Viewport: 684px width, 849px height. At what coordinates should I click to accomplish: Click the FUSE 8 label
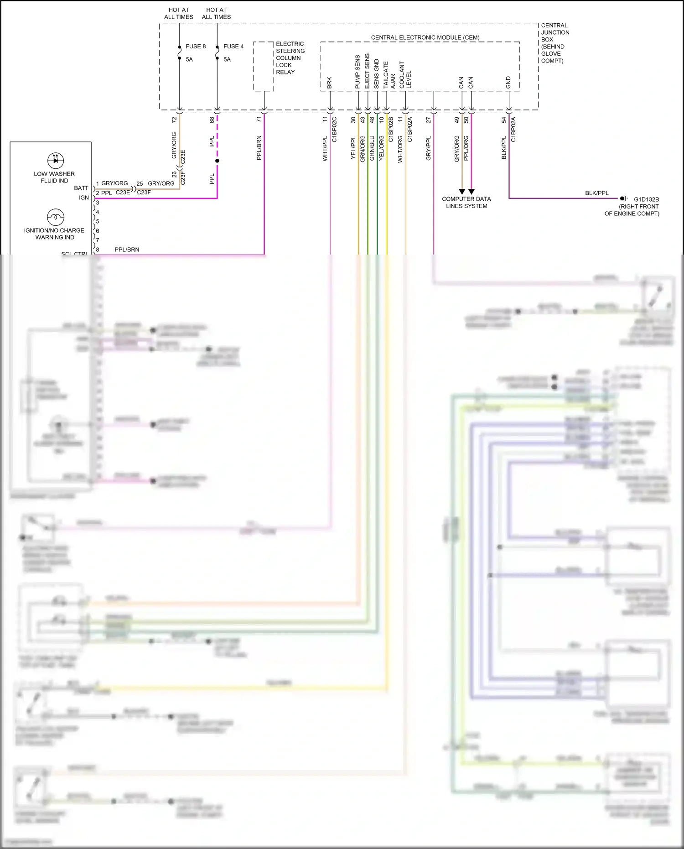(195, 47)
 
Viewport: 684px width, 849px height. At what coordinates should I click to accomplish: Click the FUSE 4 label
(233, 47)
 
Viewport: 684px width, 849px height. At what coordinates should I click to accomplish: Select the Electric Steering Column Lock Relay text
(290, 58)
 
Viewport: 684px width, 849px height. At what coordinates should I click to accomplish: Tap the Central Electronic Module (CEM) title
(425, 37)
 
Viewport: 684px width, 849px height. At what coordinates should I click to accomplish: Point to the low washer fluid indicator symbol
(56, 161)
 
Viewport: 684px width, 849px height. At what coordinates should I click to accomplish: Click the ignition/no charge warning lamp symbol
(56, 217)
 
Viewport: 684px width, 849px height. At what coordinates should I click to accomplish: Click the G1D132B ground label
(646, 199)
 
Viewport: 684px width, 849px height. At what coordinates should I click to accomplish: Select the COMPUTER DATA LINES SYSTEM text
(466, 203)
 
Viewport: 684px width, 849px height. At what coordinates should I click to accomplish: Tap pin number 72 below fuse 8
(174, 120)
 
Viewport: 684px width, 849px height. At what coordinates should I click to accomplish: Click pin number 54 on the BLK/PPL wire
(504, 120)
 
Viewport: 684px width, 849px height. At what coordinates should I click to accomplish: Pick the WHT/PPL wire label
(325, 149)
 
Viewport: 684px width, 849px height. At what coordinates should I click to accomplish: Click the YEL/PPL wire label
(353, 147)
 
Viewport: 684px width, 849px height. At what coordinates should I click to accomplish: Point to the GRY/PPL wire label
(428, 148)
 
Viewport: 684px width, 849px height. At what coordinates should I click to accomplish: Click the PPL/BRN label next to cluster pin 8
(127, 250)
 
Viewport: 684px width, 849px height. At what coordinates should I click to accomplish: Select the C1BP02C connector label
(334, 130)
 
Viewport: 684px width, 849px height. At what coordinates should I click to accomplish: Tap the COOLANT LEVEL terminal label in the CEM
(405, 75)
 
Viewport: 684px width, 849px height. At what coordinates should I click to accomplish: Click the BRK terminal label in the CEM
(329, 83)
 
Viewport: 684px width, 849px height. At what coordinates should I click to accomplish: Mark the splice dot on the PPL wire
(217, 161)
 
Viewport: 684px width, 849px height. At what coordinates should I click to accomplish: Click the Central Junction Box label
(554, 43)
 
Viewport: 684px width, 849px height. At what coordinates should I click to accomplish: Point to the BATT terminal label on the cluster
(81, 188)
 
